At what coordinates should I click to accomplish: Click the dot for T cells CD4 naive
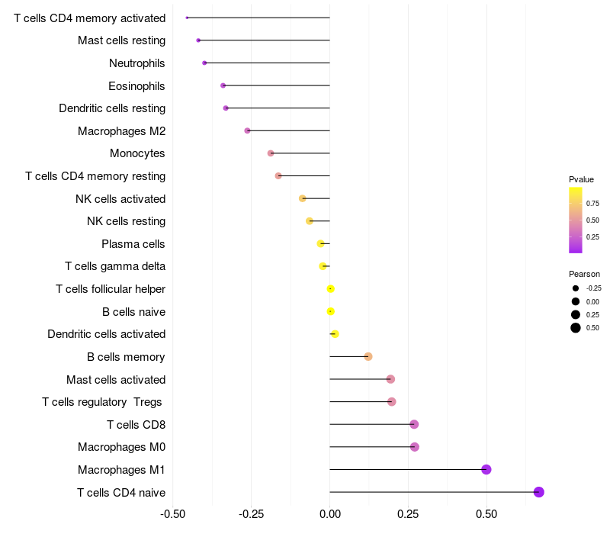click(x=538, y=492)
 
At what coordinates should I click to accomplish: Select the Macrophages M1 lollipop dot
click(x=486, y=469)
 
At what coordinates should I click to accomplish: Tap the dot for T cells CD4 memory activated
click(x=187, y=18)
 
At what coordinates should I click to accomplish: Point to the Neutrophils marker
click(x=204, y=63)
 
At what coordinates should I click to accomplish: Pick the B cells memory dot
click(x=368, y=356)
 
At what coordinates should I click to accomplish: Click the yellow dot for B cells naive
click(x=331, y=311)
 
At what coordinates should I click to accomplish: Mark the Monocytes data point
click(x=271, y=153)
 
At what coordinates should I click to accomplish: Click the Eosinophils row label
click(x=136, y=85)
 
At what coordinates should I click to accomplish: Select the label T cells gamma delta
click(x=115, y=266)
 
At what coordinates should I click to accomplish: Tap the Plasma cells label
click(x=133, y=244)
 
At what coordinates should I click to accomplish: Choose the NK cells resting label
click(x=127, y=221)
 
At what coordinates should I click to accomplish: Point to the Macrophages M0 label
click(x=121, y=447)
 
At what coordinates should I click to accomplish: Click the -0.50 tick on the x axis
click(x=173, y=513)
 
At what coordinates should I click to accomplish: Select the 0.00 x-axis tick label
click(x=329, y=513)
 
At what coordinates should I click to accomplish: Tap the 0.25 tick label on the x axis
click(x=408, y=513)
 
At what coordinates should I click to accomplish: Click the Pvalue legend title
click(x=581, y=179)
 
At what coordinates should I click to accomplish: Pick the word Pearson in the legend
click(x=584, y=274)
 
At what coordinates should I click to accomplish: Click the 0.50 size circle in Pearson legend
click(x=576, y=328)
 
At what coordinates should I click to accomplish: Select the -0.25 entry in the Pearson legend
click(x=594, y=288)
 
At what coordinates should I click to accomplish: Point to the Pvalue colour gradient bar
click(x=576, y=220)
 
